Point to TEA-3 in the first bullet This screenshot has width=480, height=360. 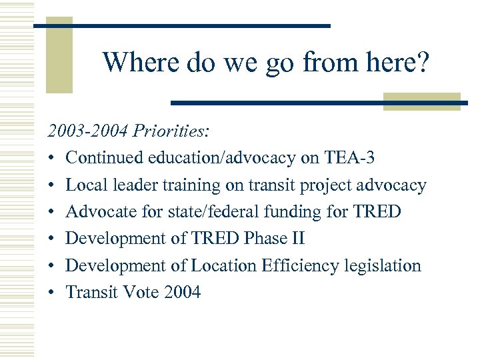click(350, 158)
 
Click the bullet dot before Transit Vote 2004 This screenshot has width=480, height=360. click(51, 293)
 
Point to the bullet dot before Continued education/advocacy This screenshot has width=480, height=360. click(51, 159)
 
